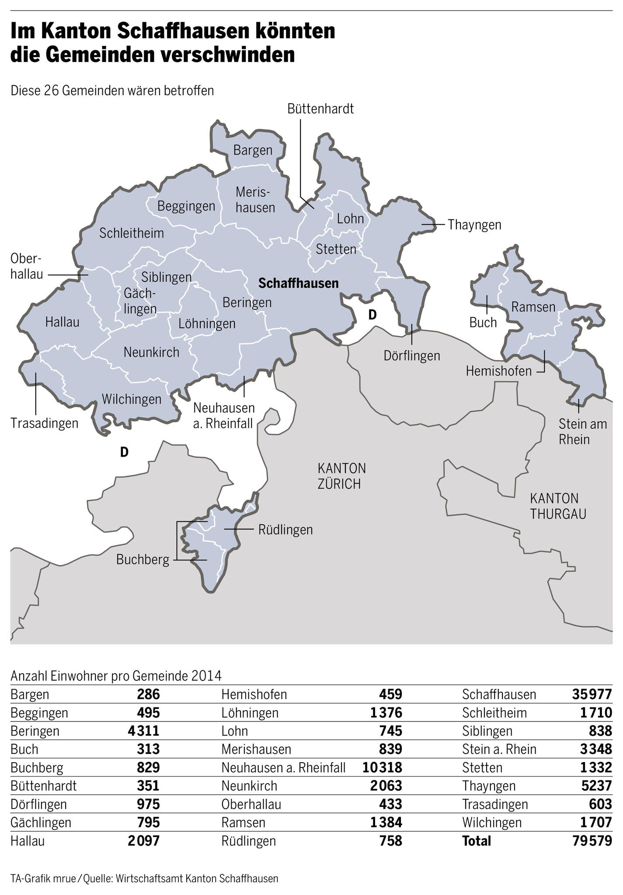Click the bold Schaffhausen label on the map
(x=299, y=283)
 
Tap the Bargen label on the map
(x=253, y=150)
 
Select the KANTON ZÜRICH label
(x=341, y=476)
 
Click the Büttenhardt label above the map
(x=320, y=109)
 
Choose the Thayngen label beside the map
(x=474, y=225)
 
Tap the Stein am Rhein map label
(x=583, y=431)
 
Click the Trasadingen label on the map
(x=45, y=423)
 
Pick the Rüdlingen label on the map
(x=286, y=530)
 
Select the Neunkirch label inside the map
(x=151, y=352)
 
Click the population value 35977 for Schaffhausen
(x=592, y=694)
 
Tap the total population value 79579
(x=592, y=841)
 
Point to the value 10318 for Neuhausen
(x=382, y=767)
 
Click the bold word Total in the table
(x=477, y=841)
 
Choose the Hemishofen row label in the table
(x=254, y=694)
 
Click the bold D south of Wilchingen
(x=124, y=452)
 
